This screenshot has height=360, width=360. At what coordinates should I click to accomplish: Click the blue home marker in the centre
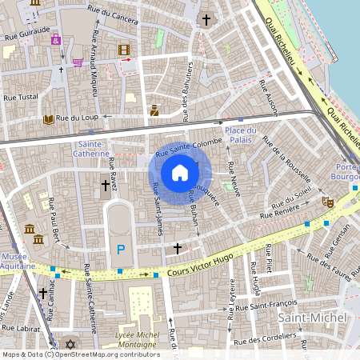tap(180, 173)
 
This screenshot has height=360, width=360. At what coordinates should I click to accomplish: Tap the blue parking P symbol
tap(121, 250)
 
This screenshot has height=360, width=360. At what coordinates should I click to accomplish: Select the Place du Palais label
tap(240, 135)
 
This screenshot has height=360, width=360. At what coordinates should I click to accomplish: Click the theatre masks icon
tap(326, 203)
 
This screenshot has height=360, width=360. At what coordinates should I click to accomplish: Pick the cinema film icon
tap(123, 50)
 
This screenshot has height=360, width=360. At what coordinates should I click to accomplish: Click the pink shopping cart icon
tap(78, 62)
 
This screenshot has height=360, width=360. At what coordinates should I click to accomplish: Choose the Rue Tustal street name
tap(22, 97)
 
